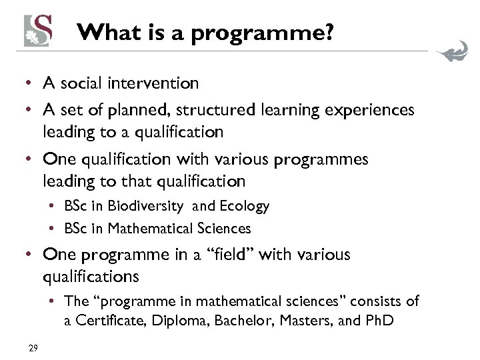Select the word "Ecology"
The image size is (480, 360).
click(x=245, y=206)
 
